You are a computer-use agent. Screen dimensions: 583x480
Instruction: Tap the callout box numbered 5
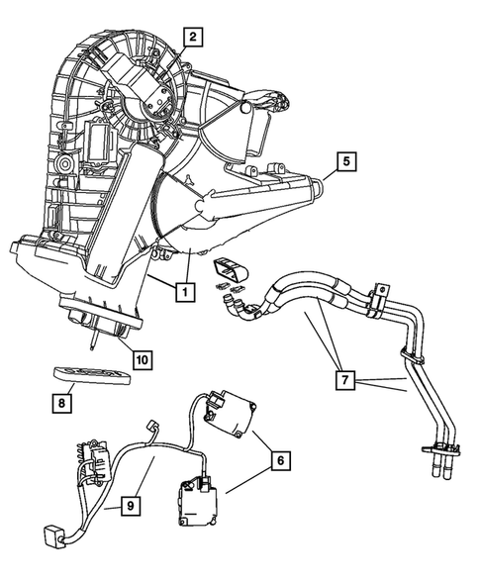click(344, 159)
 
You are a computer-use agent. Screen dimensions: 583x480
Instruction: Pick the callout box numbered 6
click(281, 460)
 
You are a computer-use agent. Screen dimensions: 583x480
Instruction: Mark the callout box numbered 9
click(128, 507)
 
